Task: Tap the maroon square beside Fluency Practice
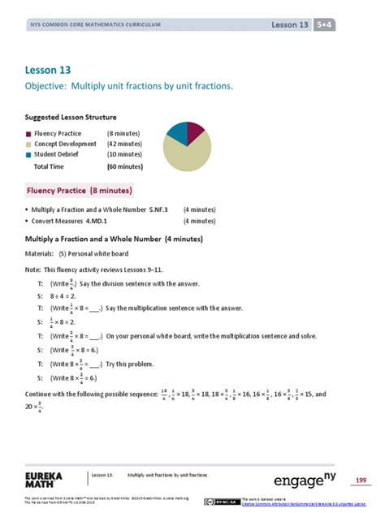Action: pos(29,133)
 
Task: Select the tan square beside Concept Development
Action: pos(29,144)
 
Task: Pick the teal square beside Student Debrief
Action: pos(29,154)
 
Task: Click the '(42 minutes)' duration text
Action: pos(125,144)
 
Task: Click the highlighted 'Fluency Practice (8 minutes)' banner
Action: pos(80,190)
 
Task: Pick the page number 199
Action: pos(361,481)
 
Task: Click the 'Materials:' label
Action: pos(41,253)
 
